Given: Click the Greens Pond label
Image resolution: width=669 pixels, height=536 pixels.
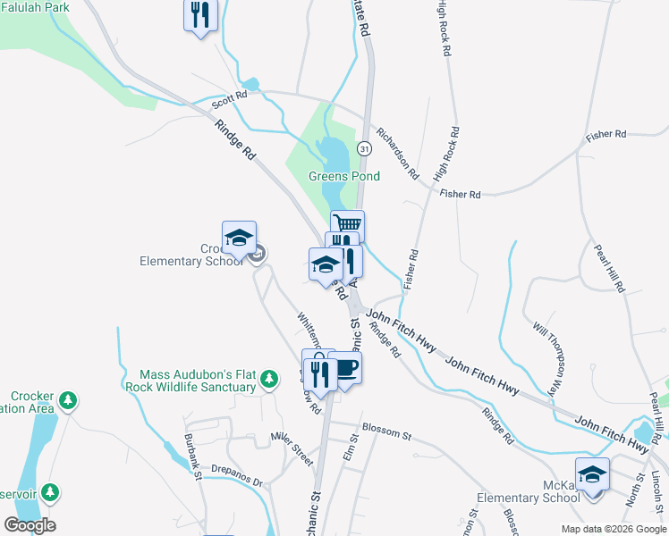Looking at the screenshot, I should click(x=344, y=176).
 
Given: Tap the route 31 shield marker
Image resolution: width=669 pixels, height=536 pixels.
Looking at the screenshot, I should click(x=364, y=147).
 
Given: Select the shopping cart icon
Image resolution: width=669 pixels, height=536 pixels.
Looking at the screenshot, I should click(x=348, y=223).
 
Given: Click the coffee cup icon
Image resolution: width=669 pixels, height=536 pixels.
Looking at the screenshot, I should click(x=345, y=367).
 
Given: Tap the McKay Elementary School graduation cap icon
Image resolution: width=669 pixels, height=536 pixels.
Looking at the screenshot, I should click(x=592, y=473).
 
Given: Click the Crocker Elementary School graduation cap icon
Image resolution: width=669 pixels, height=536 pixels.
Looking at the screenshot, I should click(x=239, y=237).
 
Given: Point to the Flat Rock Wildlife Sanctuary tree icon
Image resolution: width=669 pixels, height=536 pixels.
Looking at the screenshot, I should click(x=268, y=381).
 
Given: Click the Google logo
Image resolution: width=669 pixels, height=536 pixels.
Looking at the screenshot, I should click(x=30, y=525).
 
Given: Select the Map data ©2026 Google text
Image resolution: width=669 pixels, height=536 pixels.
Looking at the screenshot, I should click(x=613, y=529).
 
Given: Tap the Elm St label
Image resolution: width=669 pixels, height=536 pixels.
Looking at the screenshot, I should click(x=351, y=446).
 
